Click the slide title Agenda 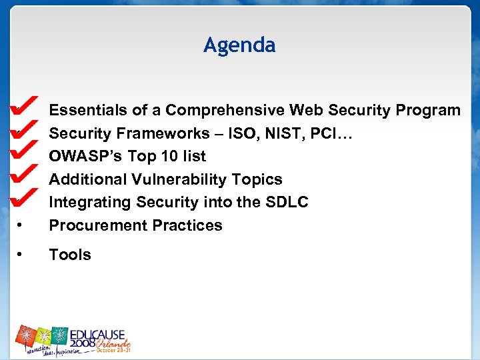point(239,45)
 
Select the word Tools point(70,255)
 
